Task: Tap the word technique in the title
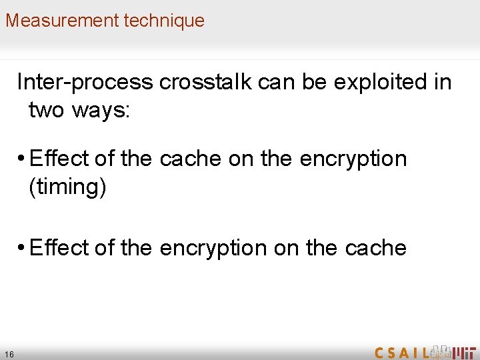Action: (164, 20)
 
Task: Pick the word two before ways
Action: (46, 110)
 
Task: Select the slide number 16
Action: (9, 354)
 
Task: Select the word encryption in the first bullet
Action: (353, 159)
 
